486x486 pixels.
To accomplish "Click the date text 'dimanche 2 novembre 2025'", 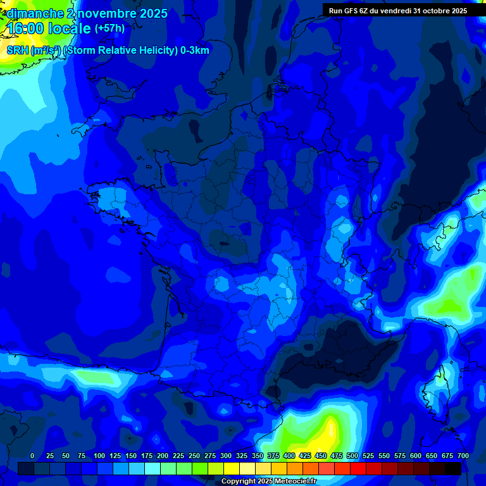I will (x=87, y=13).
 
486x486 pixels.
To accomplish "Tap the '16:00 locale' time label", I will (x=49, y=28).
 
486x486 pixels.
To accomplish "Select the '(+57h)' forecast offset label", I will (x=109, y=28).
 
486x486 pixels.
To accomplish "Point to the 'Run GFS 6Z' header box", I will (x=397, y=10).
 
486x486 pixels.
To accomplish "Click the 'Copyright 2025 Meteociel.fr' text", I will (x=268, y=481).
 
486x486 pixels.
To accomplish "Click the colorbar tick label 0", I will (x=32, y=456).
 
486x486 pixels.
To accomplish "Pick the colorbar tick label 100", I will (x=99, y=456).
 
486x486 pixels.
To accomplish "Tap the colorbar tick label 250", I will (x=194, y=456).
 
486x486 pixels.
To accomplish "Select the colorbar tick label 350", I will (x=258, y=456).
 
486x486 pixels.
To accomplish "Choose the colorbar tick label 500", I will (x=352, y=456).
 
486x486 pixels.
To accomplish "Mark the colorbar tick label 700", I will (x=463, y=456).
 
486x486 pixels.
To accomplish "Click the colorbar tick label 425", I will (x=305, y=456).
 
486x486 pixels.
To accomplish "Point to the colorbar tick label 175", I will (x=147, y=456).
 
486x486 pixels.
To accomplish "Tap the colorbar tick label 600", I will (x=416, y=456).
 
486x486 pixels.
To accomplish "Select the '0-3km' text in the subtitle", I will (x=195, y=51).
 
